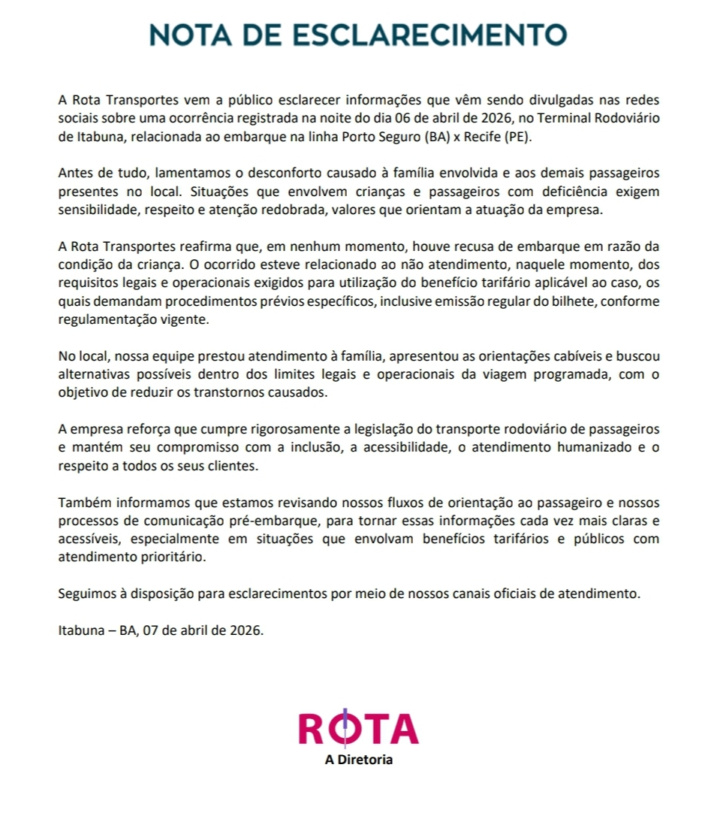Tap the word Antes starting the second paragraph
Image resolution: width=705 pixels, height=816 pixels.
(x=75, y=173)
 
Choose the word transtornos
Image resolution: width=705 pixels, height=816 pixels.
(x=198, y=393)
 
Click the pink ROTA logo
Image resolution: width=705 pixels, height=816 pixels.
(x=358, y=727)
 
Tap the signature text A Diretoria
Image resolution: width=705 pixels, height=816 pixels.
(x=358, y=760)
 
